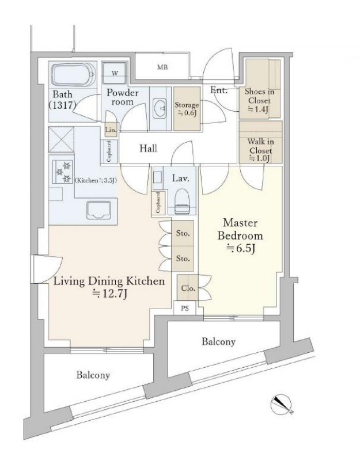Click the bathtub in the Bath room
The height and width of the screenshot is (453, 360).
(74, 74)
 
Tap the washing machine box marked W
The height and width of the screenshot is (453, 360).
(115, 73)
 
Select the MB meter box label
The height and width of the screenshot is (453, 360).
(162, 67)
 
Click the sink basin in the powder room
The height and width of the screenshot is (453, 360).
(160, 108)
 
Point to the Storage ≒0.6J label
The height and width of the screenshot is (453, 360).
(187, 108)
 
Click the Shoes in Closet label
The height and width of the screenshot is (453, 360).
(259, 100)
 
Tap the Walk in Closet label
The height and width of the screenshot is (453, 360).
(260, 150)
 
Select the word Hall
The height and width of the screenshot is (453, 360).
(149, 149)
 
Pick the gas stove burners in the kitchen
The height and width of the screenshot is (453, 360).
(63, 172)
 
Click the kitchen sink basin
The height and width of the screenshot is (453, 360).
(99, 210)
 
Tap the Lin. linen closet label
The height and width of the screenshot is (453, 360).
(111, 130)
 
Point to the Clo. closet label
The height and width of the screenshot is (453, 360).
(188, 288)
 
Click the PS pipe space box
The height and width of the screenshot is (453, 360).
(185, 309)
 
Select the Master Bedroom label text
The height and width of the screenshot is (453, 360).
(240, 229)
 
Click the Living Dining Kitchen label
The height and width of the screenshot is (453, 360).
(109, 281)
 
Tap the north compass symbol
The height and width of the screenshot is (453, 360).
(281, 403)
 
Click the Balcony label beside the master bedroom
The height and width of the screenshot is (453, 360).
(219, 341)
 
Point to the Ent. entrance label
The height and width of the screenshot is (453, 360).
(219, 90)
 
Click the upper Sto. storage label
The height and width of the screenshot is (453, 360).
(183, 233)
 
